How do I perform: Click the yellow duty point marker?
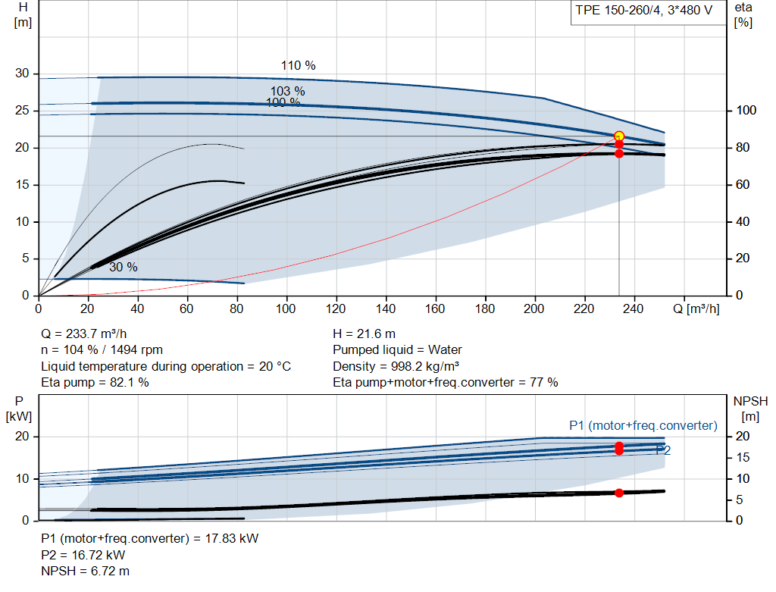coord(618,136)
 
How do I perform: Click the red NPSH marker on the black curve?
coord(619,493)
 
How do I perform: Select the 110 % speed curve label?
coord(299,65)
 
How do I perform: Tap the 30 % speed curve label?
coord(124,267)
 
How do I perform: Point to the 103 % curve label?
coord(287,91)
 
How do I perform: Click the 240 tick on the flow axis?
coord(634,309)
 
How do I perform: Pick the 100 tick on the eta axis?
coord(746,110)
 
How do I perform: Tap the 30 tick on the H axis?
coord(22,74)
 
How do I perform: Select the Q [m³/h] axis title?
coord(696,309)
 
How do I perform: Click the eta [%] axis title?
coord(743,15)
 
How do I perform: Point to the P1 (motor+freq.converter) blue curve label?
coord(643,425)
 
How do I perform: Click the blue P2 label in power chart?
coord(663,450)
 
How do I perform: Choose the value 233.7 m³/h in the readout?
coord(96,334)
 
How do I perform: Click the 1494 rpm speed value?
coord(136,350)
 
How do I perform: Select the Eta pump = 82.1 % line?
coord(95,382)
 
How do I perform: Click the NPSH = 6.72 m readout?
coord(85,571)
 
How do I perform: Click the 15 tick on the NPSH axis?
coord(743,457)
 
